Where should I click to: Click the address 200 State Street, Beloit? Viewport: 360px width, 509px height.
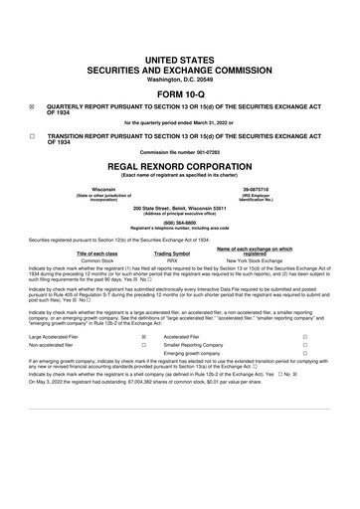(179, 209)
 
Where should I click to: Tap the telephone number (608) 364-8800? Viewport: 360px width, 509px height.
(179, 223)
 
